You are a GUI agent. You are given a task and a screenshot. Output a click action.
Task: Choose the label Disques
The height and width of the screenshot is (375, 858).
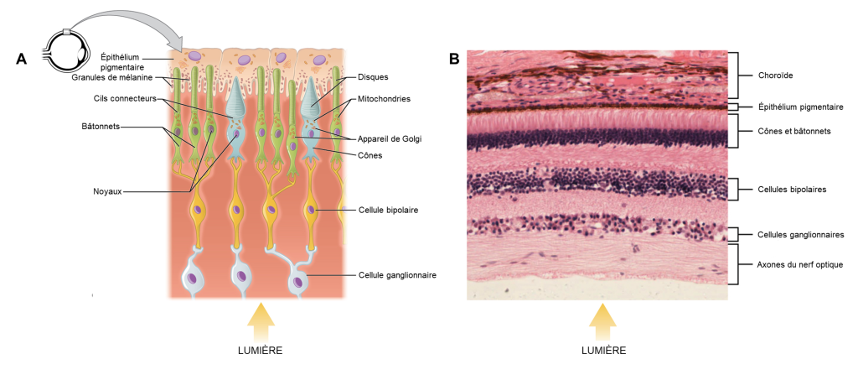point(373,77)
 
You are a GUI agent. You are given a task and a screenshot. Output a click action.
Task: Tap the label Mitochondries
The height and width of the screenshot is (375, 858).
point(384,98)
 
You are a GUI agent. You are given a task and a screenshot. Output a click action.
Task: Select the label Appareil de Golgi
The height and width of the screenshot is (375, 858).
point(391,138)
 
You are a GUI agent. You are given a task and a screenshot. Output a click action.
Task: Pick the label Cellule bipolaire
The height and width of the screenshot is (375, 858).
point(389,209)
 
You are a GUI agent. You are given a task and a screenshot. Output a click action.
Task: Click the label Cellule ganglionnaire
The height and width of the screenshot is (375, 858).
point(397,274)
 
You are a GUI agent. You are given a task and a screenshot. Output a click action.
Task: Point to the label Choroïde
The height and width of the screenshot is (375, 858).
point(775,76)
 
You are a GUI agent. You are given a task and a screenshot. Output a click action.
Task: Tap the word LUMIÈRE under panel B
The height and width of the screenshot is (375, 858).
point(599,350)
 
